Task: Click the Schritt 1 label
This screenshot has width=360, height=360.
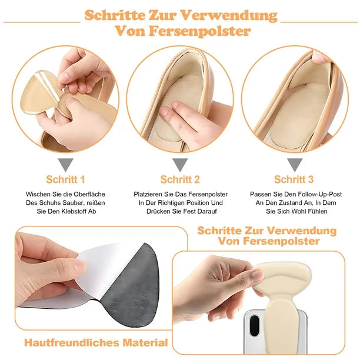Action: (x=65, y=179)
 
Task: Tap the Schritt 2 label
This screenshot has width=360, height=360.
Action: (x=180, y=179)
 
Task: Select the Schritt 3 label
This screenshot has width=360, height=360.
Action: (x=294, y=179)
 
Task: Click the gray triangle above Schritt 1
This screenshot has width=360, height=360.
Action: (x=65, y=164)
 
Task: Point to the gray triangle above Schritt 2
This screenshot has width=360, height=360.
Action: (x=180, y=164)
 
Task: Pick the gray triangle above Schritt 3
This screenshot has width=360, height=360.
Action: (x=295, y=164)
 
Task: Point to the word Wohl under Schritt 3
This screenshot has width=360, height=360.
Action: (x=293, y=211)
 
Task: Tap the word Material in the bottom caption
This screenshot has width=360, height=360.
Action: (x=145, y=343)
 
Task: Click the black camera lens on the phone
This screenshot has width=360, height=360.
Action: (x=254, y=325)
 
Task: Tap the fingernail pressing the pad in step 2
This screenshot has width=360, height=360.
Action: (x=164, y=112)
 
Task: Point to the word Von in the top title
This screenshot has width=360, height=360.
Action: (x=129, y=31)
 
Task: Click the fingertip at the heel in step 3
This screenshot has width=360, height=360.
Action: (x=320, y=58)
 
